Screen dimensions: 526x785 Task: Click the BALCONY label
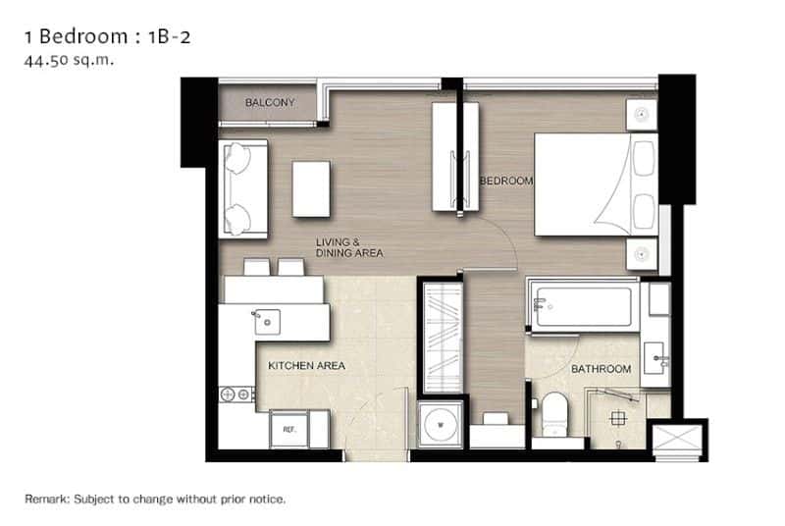(270, 102)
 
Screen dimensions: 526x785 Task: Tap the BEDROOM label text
(505, 181)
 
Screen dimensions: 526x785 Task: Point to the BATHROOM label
(602, 369)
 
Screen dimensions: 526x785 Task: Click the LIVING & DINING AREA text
(348, 247)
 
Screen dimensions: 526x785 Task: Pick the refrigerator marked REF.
(289, 429)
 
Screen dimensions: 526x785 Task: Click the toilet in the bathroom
(555, 413)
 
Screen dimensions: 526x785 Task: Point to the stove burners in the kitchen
(236, 394)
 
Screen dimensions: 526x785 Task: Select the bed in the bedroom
(595, 184)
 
